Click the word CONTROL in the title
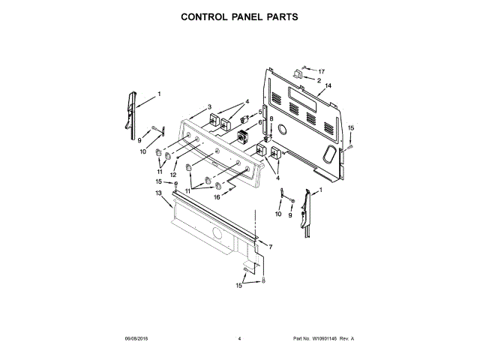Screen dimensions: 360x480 click(x=203, y=16)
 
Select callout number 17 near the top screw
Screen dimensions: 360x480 click(x=322, y=70)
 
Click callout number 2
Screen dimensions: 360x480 click(x=319, y=80)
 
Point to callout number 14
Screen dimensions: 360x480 click(x=328, y=87)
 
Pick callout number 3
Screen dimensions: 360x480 click(x=209, y=106)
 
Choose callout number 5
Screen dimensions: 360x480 click(x=259, y=112)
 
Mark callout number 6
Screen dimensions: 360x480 click(x=259, y=121)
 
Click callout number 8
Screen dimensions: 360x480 click(x=271, y=118)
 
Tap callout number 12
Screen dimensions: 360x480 click(x=172, y=174)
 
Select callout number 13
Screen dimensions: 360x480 click(x=158, y=193)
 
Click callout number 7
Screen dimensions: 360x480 click(x=271, y=246)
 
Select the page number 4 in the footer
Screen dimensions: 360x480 click(x=239, y=339)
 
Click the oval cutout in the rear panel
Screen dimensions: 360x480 click(x=328, y=153)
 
